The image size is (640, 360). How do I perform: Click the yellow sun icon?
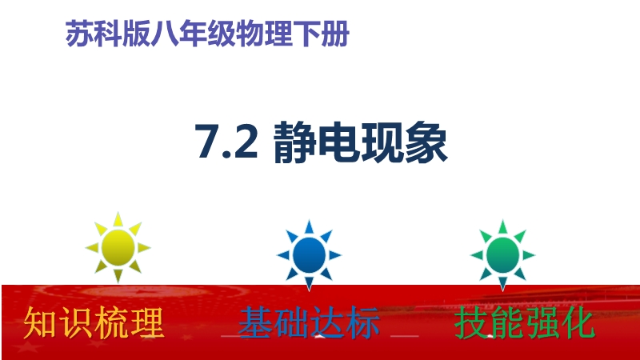[118, 247]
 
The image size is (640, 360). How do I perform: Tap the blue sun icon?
[309, 255]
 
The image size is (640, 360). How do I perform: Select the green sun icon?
[503, 255]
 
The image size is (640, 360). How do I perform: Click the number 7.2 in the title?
[226, 142]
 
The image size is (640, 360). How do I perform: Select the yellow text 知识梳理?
[94, 323]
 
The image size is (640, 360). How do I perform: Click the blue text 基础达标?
[309, 323]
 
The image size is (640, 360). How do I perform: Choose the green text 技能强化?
[525, 323]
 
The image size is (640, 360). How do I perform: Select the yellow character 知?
[41, 323]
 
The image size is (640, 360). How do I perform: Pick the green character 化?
[578, 323]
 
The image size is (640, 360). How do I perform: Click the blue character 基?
[255, 323]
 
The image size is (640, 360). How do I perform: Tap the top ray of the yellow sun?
[118, 219]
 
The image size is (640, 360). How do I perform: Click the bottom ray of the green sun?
[503, 284]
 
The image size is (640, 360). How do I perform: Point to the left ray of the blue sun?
[284, 255]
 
